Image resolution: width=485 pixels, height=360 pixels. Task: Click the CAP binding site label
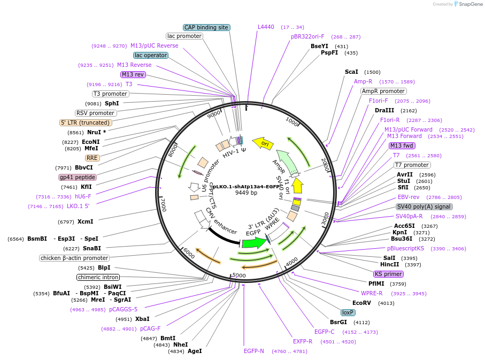click(206, 28)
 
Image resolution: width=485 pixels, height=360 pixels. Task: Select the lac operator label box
click(151, 56)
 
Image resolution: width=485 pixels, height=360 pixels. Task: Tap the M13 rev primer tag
click(133, 74)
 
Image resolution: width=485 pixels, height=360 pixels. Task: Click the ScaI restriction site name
click(351, 72)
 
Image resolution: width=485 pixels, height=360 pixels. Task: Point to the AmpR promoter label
click(383, 91)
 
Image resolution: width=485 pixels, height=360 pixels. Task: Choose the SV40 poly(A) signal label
click(424, 207)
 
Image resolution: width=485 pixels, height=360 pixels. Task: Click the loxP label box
click(348, 312)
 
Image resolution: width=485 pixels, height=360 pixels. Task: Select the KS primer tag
click(388, 274)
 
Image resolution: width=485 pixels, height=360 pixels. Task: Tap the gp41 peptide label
click(78, 178)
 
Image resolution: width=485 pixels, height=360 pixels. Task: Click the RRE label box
click(92, 158)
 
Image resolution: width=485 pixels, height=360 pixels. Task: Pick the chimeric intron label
click(98, 277)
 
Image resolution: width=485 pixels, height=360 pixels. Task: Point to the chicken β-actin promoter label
click(74, 258)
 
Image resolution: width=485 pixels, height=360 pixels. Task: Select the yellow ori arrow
click(263, 143)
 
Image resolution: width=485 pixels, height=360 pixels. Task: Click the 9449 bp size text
click(246, 193)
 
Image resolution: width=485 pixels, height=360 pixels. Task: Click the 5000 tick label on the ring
click(239, 275)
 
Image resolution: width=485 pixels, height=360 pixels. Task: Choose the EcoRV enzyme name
click(361, 303)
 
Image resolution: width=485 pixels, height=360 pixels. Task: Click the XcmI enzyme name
click(86, 221)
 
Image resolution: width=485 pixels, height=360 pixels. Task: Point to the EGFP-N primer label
click(253, 351)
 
